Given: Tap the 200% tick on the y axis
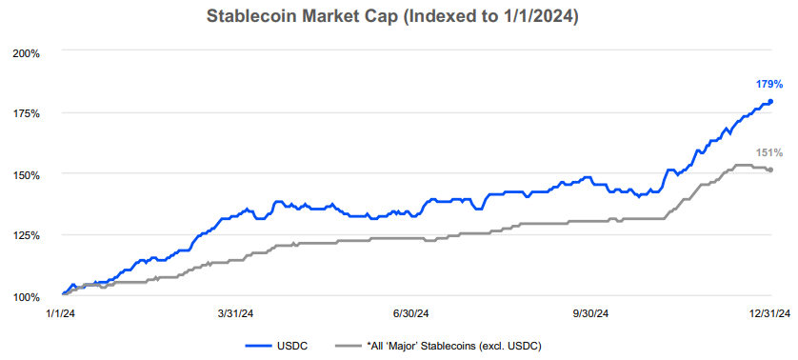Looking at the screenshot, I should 26,52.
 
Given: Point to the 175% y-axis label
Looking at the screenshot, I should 26,113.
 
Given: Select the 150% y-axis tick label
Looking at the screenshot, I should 26,174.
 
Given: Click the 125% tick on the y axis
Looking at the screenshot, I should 26,235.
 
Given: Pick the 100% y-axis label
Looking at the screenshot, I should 26,296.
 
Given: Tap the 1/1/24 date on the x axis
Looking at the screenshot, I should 62,313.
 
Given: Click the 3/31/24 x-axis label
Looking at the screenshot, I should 235,313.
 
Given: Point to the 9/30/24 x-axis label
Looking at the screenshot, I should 589,313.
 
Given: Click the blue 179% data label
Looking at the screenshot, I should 769,85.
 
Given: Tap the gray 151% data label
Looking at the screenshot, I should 769,152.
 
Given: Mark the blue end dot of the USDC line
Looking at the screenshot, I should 770,102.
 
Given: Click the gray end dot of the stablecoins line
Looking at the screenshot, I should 770,170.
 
